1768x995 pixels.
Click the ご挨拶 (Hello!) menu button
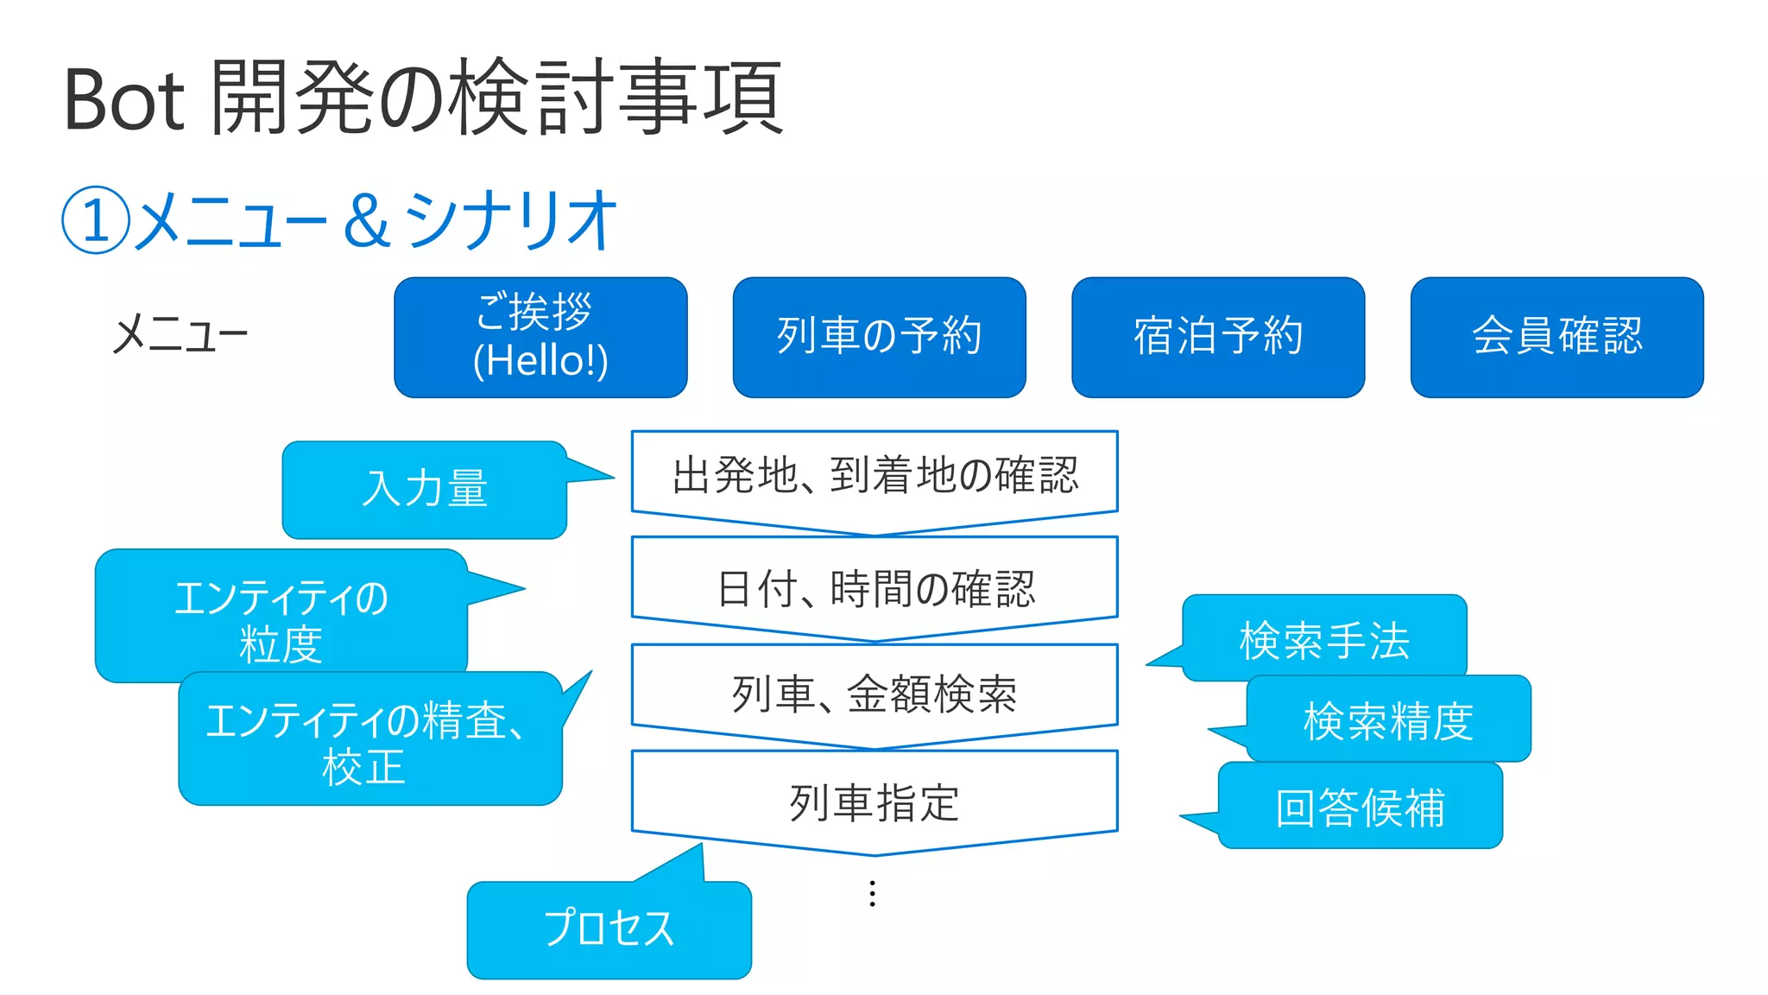pyautogui.click(x=540, y=337)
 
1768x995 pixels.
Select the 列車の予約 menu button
pyautogui.click(x=879, y=337)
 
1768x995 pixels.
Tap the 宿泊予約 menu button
pyautogui.click(x=1218, y=337)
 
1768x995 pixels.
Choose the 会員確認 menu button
pyautogui.click(x=1556, y=337)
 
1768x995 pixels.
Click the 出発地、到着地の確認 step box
pyautogui.click(x=875, y=475)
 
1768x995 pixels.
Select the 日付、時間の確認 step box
pyautogui.click(x=875, y=587)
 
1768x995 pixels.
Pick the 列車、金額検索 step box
pyautogui.click(x=875, y=694)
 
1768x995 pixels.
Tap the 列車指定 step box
pyautogui.click(x=875, y=802)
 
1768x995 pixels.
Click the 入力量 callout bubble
pyautogui.click(x=425, y=490)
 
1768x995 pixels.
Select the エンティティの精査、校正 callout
pyautogui.click(x=369, y=741)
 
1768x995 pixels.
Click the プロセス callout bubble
pyautogui.click(x=609, y=928)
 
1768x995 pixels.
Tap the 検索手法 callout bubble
pyautogui.click(x=1324, y=639)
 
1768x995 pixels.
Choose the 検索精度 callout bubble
pyautogui.click(x=1388, y=719)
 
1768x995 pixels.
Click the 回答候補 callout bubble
pyautogui.click(x=1360, y=807)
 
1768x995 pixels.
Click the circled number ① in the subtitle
pyautogui.click(x=96, y=220)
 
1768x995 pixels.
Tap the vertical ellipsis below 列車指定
pyautogui.click(x=873, y=893)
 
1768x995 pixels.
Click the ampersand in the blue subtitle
pyautogui.click(x=366, y=221)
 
